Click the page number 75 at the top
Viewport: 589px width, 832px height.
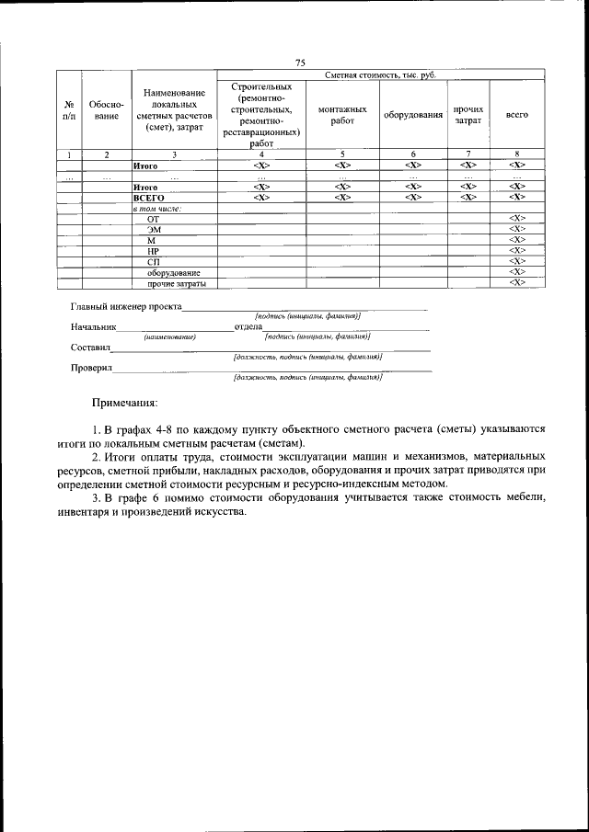300,62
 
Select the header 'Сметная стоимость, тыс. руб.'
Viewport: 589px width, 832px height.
380,74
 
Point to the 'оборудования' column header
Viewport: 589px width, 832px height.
413,115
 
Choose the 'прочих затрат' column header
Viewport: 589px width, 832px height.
468,115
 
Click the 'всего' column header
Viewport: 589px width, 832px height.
517,115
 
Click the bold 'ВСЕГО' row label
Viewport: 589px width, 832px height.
148,197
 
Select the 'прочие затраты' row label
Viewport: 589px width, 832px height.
176,283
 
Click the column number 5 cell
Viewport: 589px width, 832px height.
341,154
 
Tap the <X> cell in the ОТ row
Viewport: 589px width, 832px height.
517,218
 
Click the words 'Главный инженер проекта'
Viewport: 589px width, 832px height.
126,306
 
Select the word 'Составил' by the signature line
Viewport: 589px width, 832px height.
90,348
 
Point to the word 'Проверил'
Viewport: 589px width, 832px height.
91,369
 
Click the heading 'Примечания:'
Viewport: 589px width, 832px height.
124,403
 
